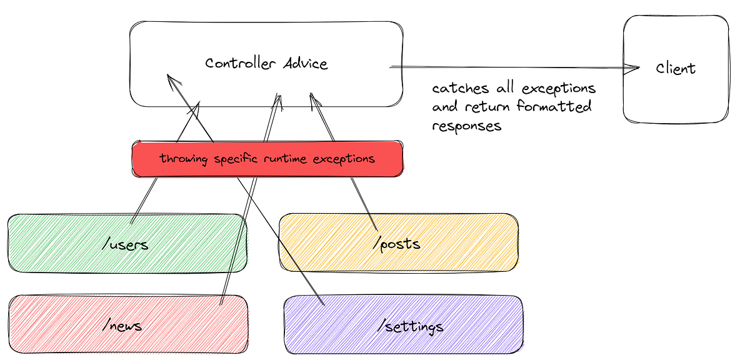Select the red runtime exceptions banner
(x=267, y=159)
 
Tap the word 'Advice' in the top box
(x=306, y=63)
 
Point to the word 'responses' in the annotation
(x=466, y=126)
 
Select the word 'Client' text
(x=676, y=67)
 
